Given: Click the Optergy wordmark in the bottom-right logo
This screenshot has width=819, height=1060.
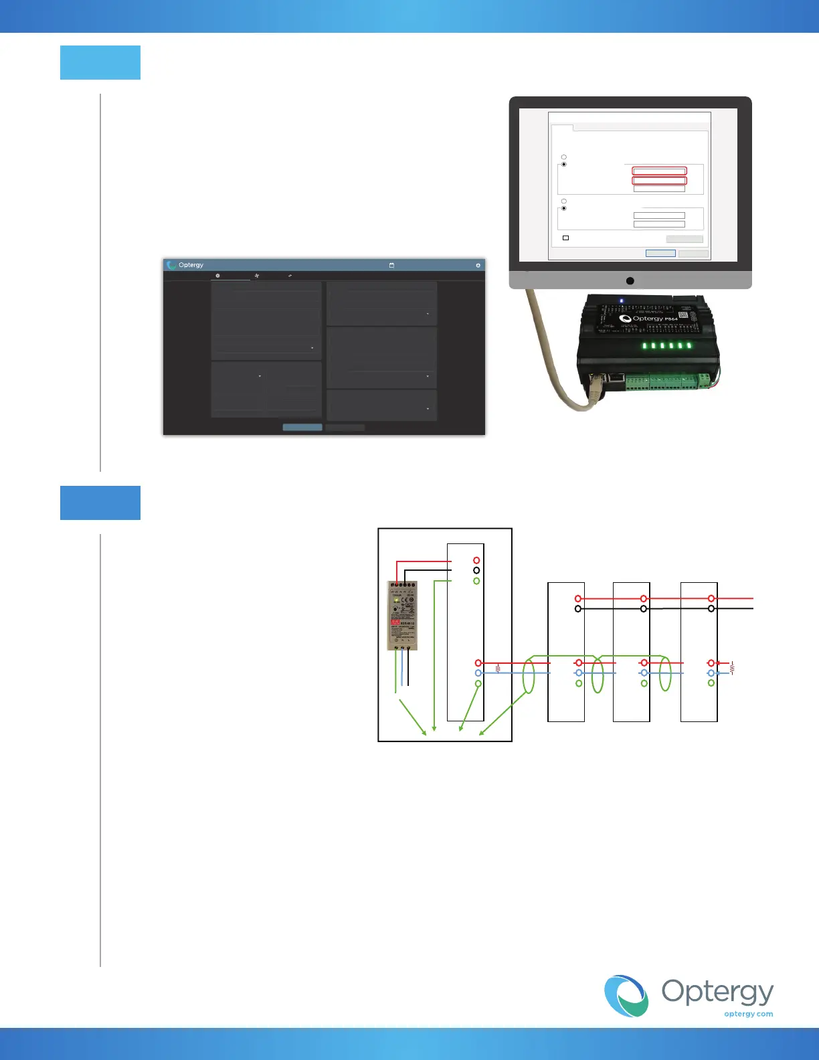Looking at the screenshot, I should coord(717,992).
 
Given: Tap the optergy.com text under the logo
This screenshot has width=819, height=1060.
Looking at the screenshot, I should coord(748,1014).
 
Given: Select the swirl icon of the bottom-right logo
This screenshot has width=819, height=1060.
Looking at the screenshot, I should coord(626,996).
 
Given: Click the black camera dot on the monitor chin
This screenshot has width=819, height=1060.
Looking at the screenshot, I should coord(630,281).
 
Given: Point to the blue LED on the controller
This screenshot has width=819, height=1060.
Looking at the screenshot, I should coord(621,301).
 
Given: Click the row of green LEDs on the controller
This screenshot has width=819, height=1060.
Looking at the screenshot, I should coord(666,346).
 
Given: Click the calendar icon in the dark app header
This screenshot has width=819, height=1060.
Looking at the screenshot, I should coord(391,266).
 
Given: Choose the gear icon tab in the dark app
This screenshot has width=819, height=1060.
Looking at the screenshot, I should coord(217,276).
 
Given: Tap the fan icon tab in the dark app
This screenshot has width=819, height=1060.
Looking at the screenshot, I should coord(257,276).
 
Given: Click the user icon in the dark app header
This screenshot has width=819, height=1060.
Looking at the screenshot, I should coord(478,266).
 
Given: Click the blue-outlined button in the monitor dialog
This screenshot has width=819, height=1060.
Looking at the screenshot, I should coord(660,253).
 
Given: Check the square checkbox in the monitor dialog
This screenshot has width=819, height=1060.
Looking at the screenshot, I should coord(565,238).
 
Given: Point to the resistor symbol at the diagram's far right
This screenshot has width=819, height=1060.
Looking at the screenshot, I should coord(732,668).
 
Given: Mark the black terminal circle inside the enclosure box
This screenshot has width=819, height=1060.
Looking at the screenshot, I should coord(476,570).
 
